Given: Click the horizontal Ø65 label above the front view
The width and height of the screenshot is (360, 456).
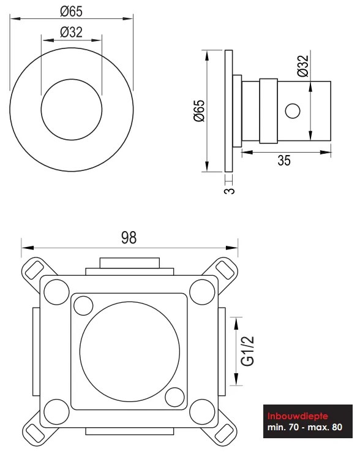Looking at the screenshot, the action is (71, 11).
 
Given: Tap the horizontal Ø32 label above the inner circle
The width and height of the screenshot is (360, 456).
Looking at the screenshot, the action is (71, 32).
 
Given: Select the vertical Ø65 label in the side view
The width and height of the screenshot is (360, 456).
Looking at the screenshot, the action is (200, 111).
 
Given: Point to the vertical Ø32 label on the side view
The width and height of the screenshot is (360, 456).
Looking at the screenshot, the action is (303, 66).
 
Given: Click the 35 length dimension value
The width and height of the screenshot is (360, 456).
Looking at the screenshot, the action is (284, 160).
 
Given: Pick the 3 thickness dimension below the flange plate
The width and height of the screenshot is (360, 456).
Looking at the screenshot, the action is (230, 191).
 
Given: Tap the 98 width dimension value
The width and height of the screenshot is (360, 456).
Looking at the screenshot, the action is (129, 238).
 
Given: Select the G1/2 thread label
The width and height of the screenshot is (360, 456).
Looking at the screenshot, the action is (248, 351).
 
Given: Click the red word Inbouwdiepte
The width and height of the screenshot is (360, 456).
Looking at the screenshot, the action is (298, 416).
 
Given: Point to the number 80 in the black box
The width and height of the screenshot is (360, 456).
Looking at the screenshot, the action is (337, 427).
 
